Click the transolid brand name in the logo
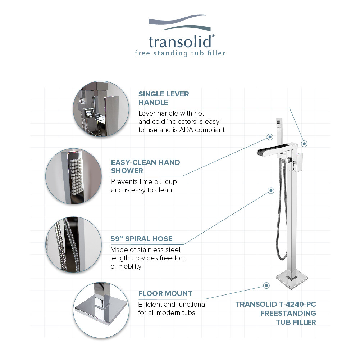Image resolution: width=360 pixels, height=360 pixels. tap(180, 41)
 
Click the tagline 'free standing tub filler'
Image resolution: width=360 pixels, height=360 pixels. tap(180, 53)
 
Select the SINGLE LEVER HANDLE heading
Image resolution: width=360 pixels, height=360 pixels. tap(164, 98)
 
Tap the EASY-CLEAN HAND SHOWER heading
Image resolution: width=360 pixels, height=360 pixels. tap(145, 166)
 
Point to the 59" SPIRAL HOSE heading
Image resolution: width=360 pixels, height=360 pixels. tap(142, 239)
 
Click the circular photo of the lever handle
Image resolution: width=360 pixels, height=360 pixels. tap(98, 108)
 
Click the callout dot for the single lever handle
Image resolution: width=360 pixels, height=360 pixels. tap(304, 144)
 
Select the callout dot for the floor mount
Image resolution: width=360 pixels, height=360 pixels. tap(266, 285)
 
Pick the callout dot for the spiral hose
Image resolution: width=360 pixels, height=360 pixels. tap(270, 190)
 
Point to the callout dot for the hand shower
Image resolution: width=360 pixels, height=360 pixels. tap(269, 137)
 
